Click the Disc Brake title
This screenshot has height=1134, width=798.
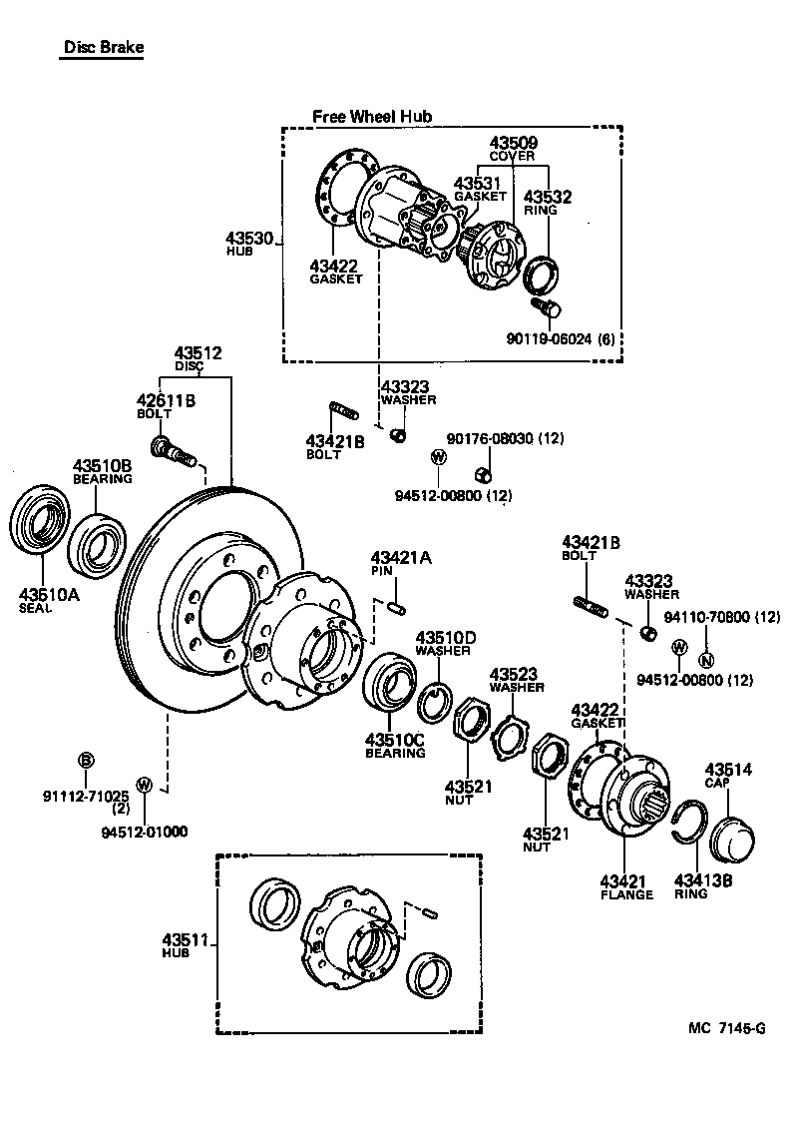coord(103,47)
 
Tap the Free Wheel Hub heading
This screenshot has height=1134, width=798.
coord(372,117)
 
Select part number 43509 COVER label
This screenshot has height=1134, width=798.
coord(512,149)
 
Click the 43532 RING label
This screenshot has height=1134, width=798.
coord(548,203)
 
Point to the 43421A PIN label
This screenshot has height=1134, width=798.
coord(401,564)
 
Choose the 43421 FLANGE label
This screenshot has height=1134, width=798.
coord(625,886)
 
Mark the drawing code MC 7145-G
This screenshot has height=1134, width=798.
coord(726,1029)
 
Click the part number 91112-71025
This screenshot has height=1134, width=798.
coord(86,796)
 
